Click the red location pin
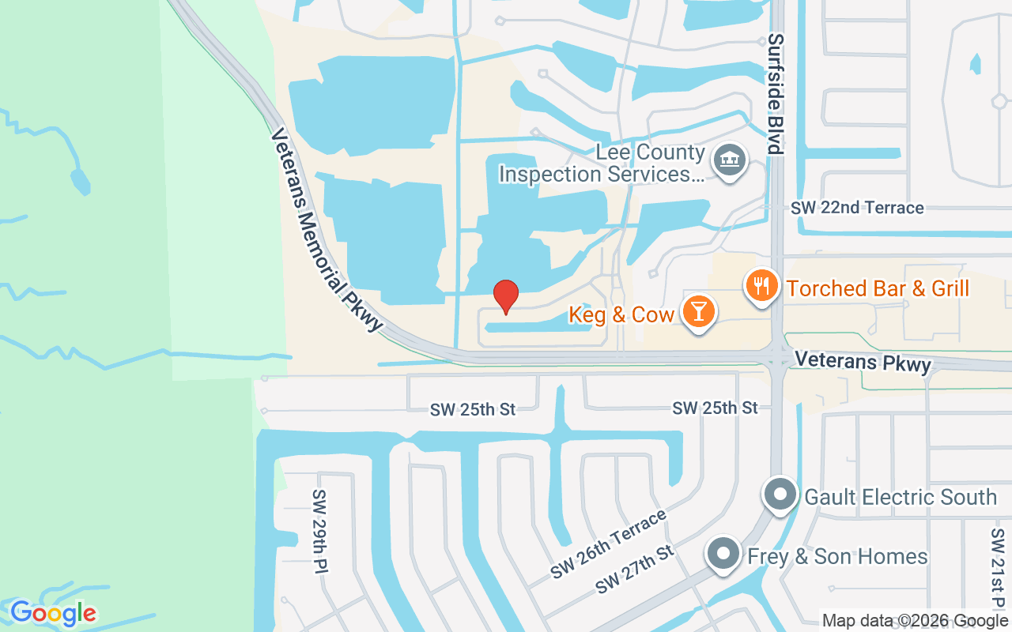(506, 296)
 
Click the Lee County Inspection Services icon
(729, 160)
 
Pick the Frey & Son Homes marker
(723, 554)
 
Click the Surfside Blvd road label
(775, 94)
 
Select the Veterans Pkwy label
(863, 361)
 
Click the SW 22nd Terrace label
(857, 208)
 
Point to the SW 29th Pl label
(319, 530)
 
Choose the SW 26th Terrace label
(609, 544)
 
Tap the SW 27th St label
(636, 569)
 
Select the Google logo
(53, 613)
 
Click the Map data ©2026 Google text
(915, 621)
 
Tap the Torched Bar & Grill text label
(878, 288)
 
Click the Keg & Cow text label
(621, 315)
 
